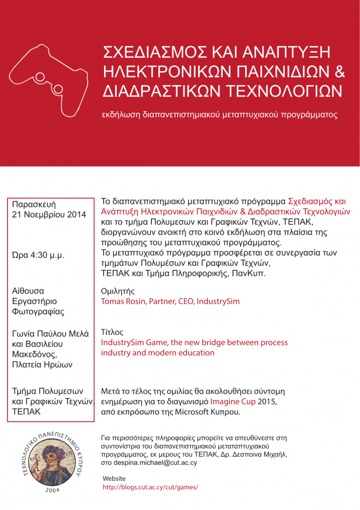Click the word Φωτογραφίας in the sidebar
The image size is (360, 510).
(38, 311)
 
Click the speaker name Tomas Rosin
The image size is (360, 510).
(123, 301)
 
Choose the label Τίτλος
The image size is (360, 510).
(112, 332)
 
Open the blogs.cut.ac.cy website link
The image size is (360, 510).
(150, 487)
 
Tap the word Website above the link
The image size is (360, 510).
(114, 478)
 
